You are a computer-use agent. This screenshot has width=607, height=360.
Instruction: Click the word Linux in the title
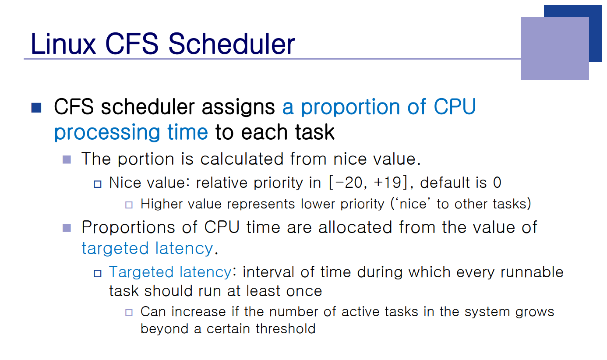pyautogui.click(x=64, y=44)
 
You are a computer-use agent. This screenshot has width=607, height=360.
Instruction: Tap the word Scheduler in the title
pyautogui.click(x=232, y=44)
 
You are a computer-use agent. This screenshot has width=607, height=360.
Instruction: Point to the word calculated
pyautogui.click(x=242, y=159)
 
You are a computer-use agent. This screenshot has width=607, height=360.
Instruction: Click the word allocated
pyautogui.click(x=355, y=227)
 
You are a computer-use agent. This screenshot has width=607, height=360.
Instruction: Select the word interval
pyautogui.click(x=268, y=272)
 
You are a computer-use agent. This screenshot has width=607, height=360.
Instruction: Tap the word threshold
pyautogui.click(x=286, y=328)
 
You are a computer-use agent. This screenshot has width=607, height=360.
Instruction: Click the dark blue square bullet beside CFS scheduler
pyautogui.click(x=36, y=108)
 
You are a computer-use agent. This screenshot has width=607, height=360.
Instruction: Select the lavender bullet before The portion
pyautogui.click(x=67, y=159)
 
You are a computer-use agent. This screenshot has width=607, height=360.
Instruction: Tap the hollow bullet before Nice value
pyautogui.click(x=98, y=184)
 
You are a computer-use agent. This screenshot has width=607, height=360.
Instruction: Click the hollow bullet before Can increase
pyautogui.click(x=129, y=313)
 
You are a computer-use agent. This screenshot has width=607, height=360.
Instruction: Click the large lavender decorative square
pyautogui.click(x=554, y=49)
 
